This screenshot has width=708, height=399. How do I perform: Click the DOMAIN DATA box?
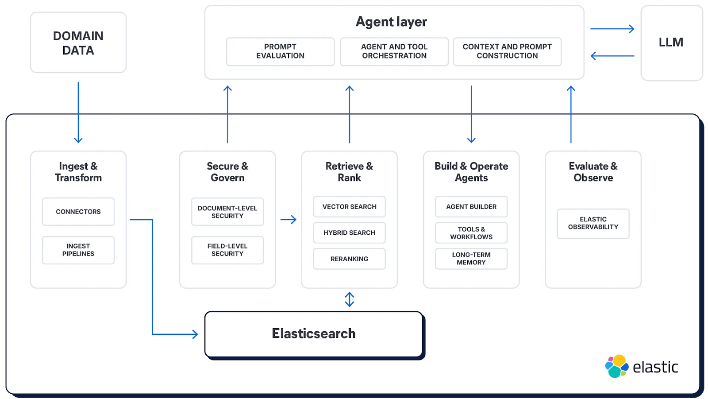tap(78, 43)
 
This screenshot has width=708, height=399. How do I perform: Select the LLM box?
tap(671, 43)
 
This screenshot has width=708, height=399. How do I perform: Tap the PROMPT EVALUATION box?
tap(280, 51)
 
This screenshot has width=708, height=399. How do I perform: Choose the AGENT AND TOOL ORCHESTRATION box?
tap(394, 51)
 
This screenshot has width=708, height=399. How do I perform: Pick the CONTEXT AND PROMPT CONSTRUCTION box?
tap(507, 51)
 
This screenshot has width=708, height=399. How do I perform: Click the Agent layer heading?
tap(391, 22)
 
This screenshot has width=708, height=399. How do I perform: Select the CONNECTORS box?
tap(78, 212)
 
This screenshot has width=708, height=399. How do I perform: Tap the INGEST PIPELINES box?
tap(78, 250)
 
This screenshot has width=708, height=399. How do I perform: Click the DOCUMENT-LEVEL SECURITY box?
tap(227, 212)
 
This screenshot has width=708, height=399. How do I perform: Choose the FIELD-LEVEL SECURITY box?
tap(227, 250)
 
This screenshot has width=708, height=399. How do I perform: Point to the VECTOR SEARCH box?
tap(349, 207)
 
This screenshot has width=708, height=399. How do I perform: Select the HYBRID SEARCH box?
tap(349, 233)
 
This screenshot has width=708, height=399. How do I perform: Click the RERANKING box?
tap(349, 259)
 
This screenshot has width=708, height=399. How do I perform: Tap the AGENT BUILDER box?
tap(471, 207)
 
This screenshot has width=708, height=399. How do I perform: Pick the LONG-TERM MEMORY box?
tap(471, 259)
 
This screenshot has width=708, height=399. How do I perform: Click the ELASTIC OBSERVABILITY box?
tap(593, 223)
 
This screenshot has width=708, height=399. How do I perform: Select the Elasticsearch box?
tap(314, 334)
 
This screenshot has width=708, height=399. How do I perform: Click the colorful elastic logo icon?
tap(617, 366)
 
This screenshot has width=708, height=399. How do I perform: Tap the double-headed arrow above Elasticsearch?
tap(350, 300)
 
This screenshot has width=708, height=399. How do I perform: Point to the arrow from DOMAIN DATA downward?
tap(78, 113)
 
